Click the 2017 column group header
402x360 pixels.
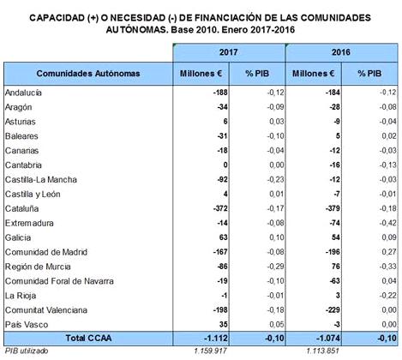click(x=229, y=52)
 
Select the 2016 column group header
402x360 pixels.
click(x=341, y=52)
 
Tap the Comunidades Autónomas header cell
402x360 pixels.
click(x=88, y=74)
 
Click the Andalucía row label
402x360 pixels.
click(x=23, y=93)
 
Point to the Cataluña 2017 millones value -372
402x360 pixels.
click(x=220, y=208)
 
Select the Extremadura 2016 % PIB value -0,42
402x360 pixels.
click(x=388, y=223)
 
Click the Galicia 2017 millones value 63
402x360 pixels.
click(x=223, y=237)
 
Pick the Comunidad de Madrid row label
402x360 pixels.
click(x=46, y=252)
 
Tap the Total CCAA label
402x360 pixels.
click(x=88, y=338)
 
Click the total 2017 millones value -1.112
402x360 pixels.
click(x=216, y=339)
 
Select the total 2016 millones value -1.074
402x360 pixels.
click(x=328, y=339)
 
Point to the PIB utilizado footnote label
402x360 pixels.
click(x=27, y=351)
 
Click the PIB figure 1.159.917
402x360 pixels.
click(x=211, y=351)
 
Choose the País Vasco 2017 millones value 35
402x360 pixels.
click(x=224, y=325)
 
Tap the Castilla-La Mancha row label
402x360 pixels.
click(x=41, y=179)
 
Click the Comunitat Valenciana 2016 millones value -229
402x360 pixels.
click(x=333, y=310)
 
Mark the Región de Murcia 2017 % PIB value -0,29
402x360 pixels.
click(x=276, y=267)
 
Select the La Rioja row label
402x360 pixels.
click(x=21, y=296)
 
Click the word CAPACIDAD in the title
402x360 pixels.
click(x=57, y=18)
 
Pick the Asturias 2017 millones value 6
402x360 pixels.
click(x=225, y=122)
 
